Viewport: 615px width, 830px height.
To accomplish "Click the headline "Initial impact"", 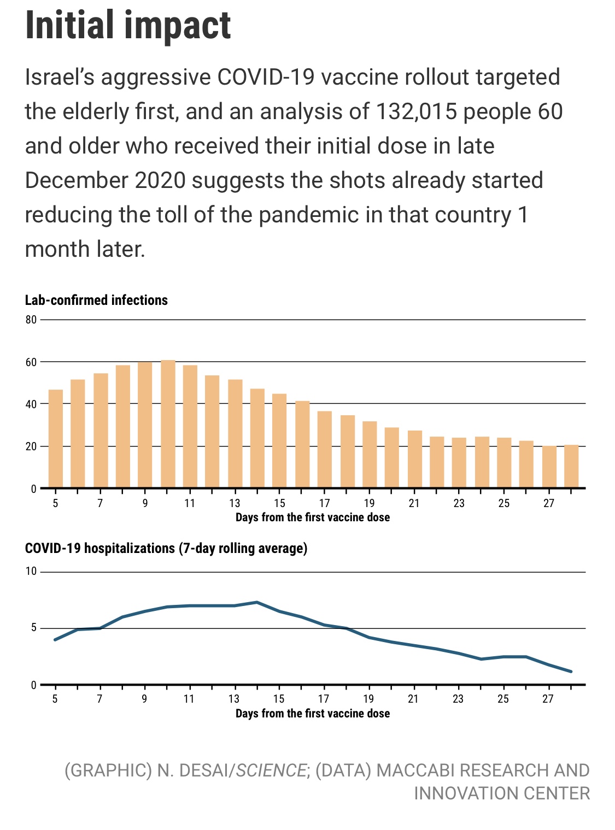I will click(x=128, y=25).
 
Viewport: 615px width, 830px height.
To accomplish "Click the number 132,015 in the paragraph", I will click(x=417, y=111).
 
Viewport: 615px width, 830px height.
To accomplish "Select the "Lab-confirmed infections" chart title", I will click(x=96, y=300).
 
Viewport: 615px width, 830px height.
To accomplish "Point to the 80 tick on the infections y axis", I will click(x=31, y=320).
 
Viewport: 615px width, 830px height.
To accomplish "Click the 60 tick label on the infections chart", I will click(x=31, y=362).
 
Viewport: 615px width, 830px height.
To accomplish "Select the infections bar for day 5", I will click(x=56, y=438).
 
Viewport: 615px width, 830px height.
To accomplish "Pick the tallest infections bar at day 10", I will click(x=168, y=424).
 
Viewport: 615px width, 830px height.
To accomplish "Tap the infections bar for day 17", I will click(x=325, y=449).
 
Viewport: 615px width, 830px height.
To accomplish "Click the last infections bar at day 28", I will click(x=571, y=466).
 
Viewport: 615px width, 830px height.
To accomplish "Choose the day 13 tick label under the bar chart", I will click(x=235, y=503).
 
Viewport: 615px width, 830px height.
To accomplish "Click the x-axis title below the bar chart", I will click(x=312, y=517).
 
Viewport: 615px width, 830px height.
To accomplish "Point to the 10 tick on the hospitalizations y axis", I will click(x=31, y=572).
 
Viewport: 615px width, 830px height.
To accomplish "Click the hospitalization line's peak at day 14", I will click(x=257, y=602).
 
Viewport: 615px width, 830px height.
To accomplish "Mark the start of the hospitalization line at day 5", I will click(x=55, y=639).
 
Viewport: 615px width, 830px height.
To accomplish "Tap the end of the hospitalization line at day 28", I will click(x=571, y=672).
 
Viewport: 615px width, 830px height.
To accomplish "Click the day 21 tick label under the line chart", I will click(x=413, y=699).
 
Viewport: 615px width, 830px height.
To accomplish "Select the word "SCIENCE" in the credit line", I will click(x=271, y=770).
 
